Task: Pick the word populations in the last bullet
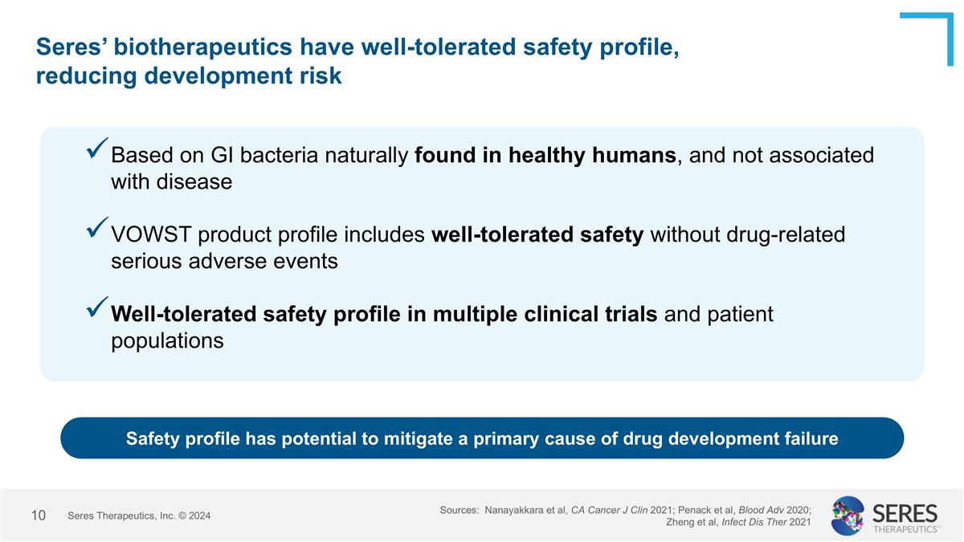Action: [x=167, y=341]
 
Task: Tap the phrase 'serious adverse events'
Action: [x=224, y=262]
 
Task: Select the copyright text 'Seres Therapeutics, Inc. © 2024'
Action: [x=139, y=516]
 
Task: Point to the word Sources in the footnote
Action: [x=459, y=510]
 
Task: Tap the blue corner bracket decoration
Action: [x=932, y=32]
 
